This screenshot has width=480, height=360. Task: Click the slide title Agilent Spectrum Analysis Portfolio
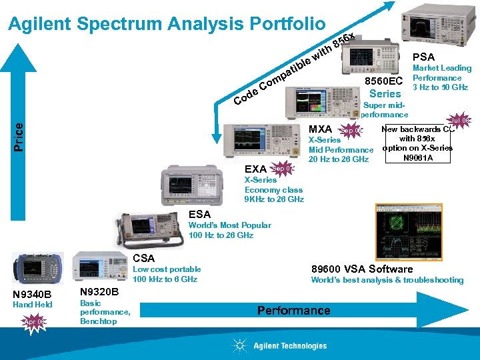pos(166,24)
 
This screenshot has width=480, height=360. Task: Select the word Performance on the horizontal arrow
pos(293,311)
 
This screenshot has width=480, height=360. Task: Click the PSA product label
pos(423,57)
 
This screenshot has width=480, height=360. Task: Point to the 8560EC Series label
pos(385,87)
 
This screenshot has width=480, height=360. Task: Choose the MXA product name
pos(321,129)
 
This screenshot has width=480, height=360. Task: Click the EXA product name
pos(255,169)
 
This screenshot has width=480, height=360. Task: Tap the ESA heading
pos(199,214)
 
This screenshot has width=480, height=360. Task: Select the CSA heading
pos(143,258)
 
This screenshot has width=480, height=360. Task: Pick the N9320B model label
pos(99,292)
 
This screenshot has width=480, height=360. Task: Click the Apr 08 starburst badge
pos(33,322)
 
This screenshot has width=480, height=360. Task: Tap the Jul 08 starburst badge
pos(460,121)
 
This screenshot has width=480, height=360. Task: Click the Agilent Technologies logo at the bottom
pos(281,345)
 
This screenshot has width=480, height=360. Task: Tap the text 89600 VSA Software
pos(362,269)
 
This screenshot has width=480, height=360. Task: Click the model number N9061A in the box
pos(418,158)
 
